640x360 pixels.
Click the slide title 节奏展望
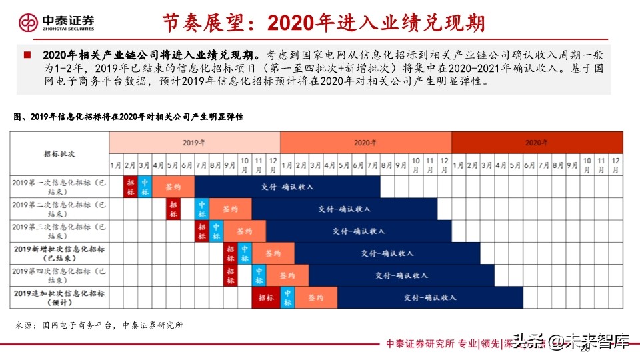tap(324, 23)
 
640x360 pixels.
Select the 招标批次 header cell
tap(59, 153)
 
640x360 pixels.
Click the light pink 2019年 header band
tap(195, 143)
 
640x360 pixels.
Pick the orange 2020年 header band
tap(365, 143)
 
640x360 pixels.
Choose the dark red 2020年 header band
tap(537, 143)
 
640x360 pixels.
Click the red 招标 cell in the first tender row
tap(131, 187)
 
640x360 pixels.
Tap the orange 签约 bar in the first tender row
tap(173, 187)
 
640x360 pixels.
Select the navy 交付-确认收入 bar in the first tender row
tap(287, 187)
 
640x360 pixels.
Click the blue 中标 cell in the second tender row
tap(202, 209)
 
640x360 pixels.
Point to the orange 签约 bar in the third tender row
tap(244, 231)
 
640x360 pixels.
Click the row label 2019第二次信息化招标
tap(59, 209)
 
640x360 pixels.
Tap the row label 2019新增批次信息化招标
tap(59, 253)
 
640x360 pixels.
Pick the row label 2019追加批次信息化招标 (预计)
tap(59, 297)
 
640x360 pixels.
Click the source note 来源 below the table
tap(99, 325)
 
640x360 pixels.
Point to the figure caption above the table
tap(129, 117)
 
